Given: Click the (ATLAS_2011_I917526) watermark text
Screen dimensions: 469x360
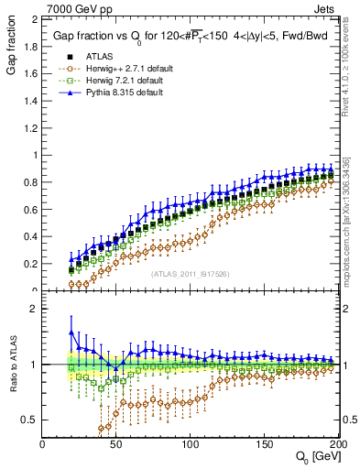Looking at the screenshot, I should pyautogui.click(x=189, y=274).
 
